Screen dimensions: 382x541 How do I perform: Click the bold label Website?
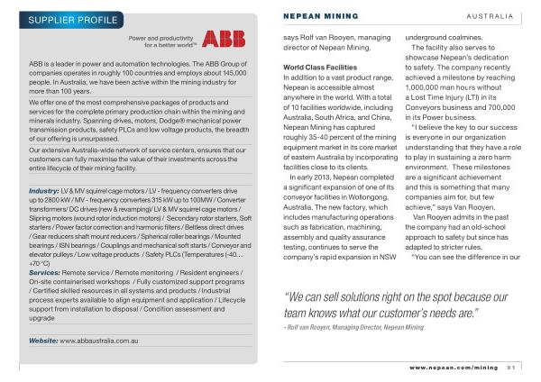[x=43, y=341]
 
